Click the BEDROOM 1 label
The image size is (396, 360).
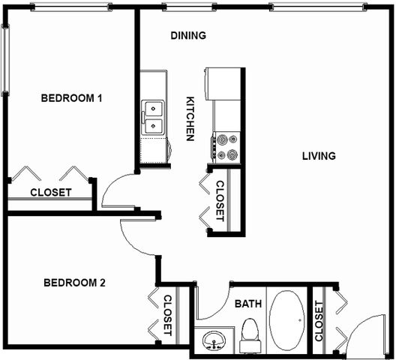71,98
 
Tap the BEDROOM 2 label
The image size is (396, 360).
74,283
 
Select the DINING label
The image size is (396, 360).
188,35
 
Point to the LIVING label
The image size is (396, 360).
319,156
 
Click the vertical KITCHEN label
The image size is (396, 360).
190,118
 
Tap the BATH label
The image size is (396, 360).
248,304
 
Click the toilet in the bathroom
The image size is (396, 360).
250,335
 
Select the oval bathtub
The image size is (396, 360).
286,320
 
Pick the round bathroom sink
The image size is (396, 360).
214,340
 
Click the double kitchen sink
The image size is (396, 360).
153,117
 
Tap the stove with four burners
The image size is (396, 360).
226,147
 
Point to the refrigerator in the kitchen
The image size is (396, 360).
222,83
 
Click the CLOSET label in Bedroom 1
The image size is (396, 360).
51,193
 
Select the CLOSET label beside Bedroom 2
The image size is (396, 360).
168,315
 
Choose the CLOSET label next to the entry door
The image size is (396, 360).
319,321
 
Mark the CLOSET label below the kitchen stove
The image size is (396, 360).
220,201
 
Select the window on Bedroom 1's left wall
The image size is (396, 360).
4,60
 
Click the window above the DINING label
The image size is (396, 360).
189,7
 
